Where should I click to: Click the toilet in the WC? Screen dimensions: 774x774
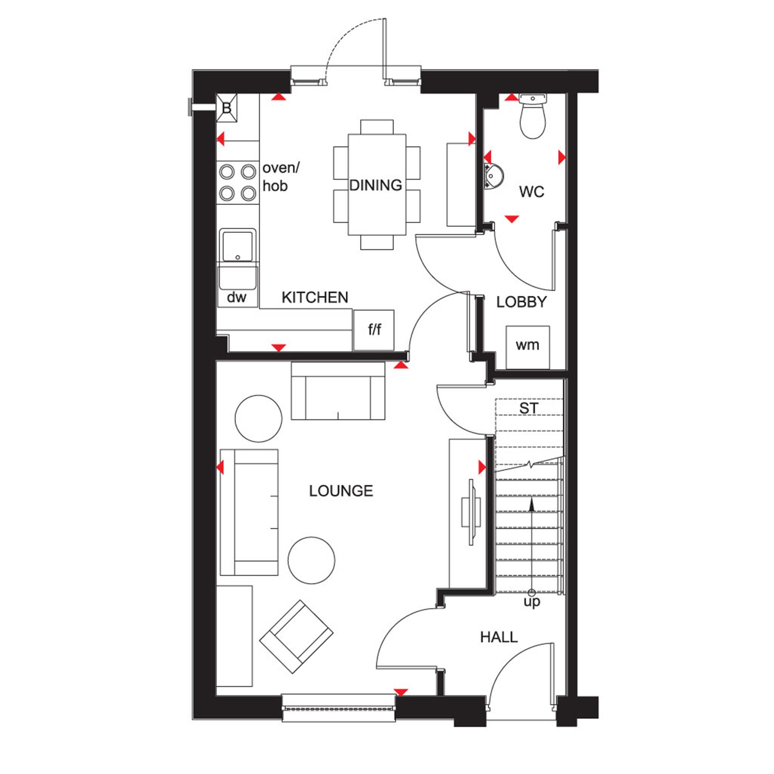pyautogui.click(x=533, y=116)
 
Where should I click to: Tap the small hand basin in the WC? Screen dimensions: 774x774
pyautogui.click(x=493, y=176)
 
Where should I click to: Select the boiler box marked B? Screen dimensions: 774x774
pyautogui.click(x=227, y=108)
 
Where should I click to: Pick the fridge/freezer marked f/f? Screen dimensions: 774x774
pyautogui.click(x=374, y=330)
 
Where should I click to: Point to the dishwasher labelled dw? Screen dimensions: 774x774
pyautogui.click(x=237, y=298)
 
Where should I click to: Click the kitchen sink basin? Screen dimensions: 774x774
pyautogui.click(x=238, y=245)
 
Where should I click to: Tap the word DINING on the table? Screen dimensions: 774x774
pyautogui.click(x=376, y=185)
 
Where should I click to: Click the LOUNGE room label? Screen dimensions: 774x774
pyautogui.click(x=341, y=491)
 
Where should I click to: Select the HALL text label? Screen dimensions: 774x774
pyautogui.click(x=499, y=637)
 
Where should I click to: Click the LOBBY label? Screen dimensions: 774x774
pyautogui.click(x=522, y=302)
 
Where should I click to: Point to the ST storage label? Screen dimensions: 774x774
pyautogui.click(x=529, y=409)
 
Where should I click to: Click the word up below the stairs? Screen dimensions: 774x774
pyautogui.click(x=532, y=602)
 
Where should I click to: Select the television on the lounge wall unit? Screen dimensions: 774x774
pyautogui.click(x=471, y=512)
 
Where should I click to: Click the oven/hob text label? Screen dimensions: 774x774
pyautogui.click(x=281, y=177)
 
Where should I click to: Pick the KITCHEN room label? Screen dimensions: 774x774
pyautogui.click(x=315, y=298)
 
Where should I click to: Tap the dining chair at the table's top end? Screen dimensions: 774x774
pyautogui.click(x=377, y=127)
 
